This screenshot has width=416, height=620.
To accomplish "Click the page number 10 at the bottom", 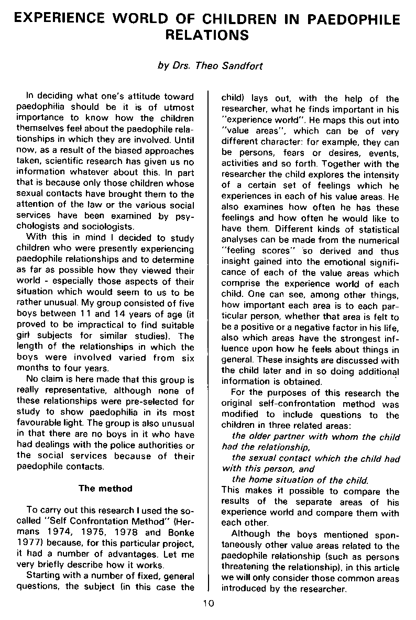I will (208, 603).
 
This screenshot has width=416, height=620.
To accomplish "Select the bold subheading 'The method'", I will (105, 488).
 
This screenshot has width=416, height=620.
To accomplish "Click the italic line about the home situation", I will (300, 480).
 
